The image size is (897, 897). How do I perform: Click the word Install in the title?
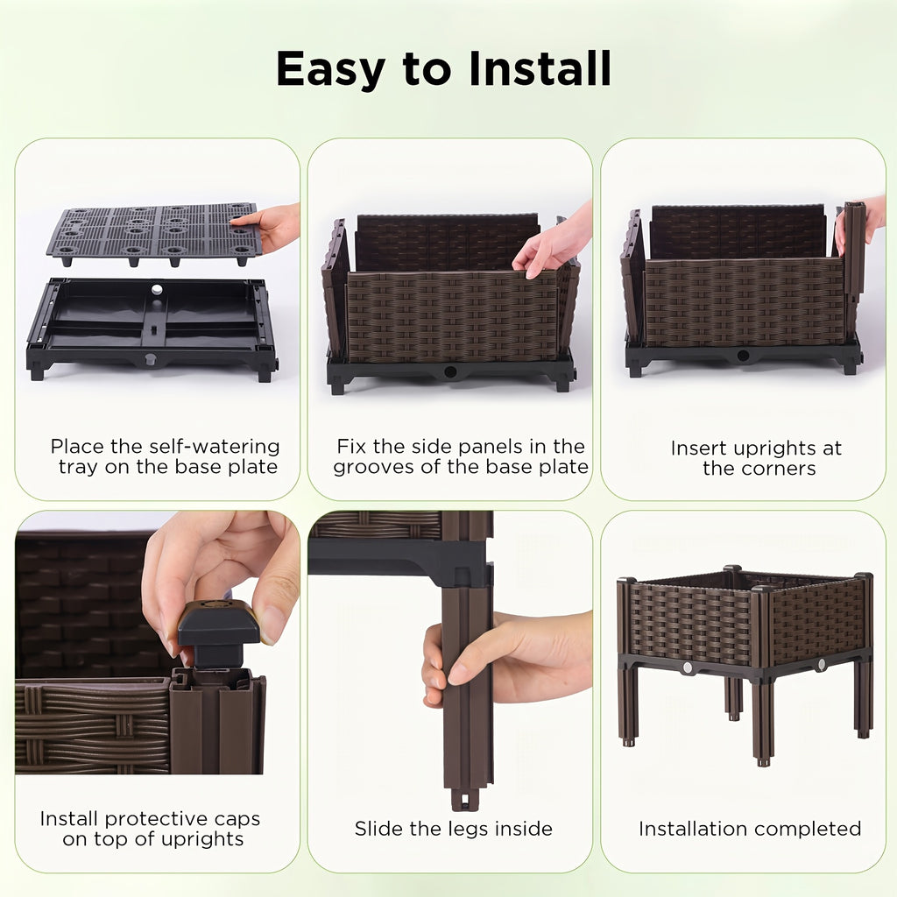point(539,68)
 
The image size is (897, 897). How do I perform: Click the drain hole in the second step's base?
point(450,372)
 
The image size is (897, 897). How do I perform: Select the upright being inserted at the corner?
point(853,250)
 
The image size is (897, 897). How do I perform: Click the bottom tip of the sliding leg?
point(464,799)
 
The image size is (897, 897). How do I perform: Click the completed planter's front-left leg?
point(628,701)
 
